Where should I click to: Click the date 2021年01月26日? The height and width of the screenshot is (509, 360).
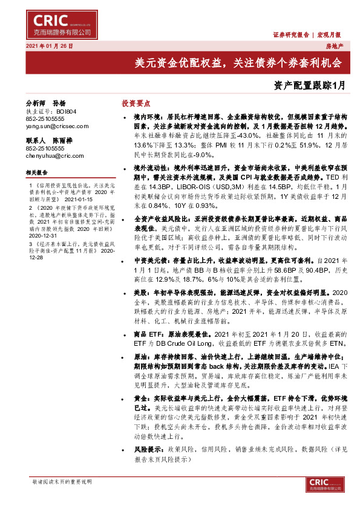[49, 46]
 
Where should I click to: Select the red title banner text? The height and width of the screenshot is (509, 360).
[238, 62]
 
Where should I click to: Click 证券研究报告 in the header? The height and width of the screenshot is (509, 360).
[290, 34]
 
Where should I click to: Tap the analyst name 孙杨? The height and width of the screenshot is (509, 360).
[59, 103]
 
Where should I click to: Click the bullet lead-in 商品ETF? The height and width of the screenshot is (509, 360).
[148, 334]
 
